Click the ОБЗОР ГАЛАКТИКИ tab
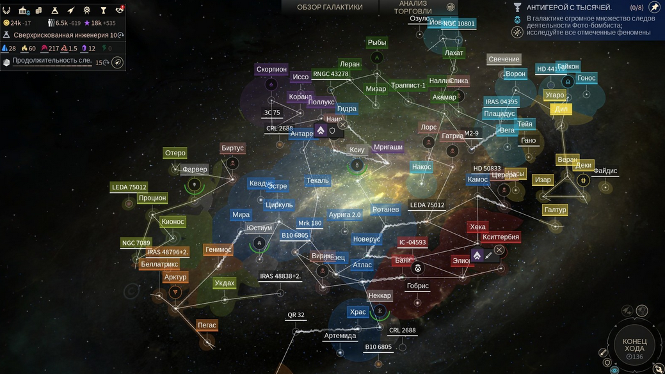(330, 7)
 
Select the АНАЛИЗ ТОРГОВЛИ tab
(413, 7)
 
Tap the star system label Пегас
(207, 325)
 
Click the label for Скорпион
(271, 69)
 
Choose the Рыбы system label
(377, 42)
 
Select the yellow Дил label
(561, 109)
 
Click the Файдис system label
(605, 171)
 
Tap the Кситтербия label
(501, 237)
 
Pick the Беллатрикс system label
(159, 264)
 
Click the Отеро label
(175, 153)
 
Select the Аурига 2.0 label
(345, 215)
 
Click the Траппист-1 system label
(408, 85)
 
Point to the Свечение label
(504, 59)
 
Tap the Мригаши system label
(388, 147)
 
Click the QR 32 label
(296, 315)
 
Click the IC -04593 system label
(412, 242)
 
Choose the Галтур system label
(555, 210)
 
